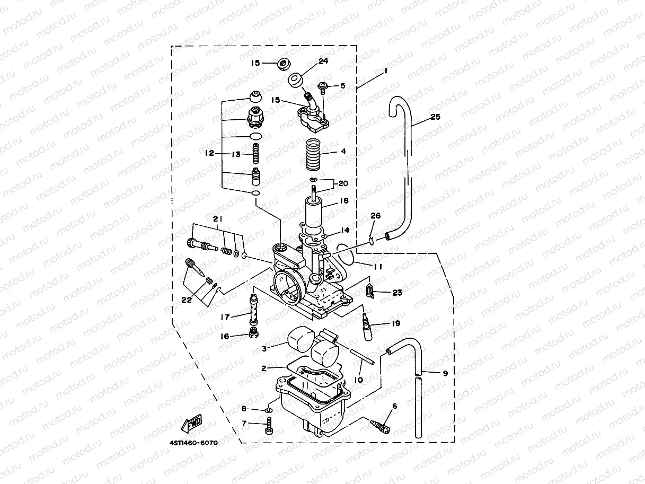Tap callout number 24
(323, 61)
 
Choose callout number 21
(218, 219)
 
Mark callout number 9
(445, 373)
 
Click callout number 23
(397, 292)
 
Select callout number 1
(386, 70)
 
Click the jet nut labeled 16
(254, 334)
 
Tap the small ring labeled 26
(373, 242)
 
